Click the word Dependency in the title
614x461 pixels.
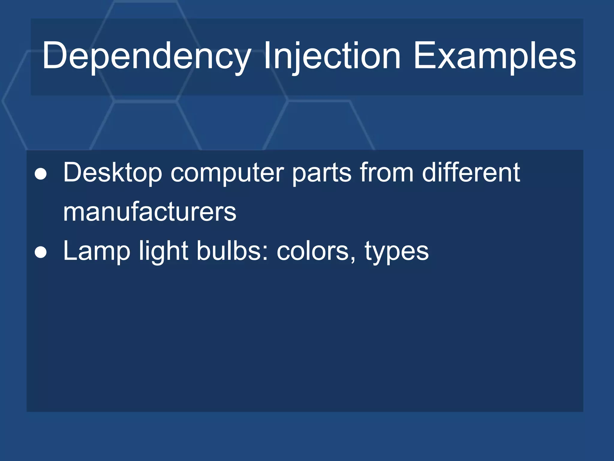[146, 56]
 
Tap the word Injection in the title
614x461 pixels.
[332, 56]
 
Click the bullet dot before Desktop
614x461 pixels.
[41, 174]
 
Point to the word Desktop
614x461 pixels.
[112, 173]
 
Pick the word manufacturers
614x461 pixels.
[150, 212]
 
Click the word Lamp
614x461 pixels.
[97, 252]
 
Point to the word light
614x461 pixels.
[163, 252]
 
